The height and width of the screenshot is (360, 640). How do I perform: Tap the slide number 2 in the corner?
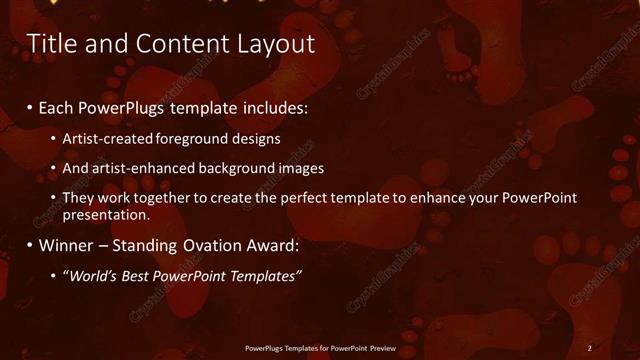590,347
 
